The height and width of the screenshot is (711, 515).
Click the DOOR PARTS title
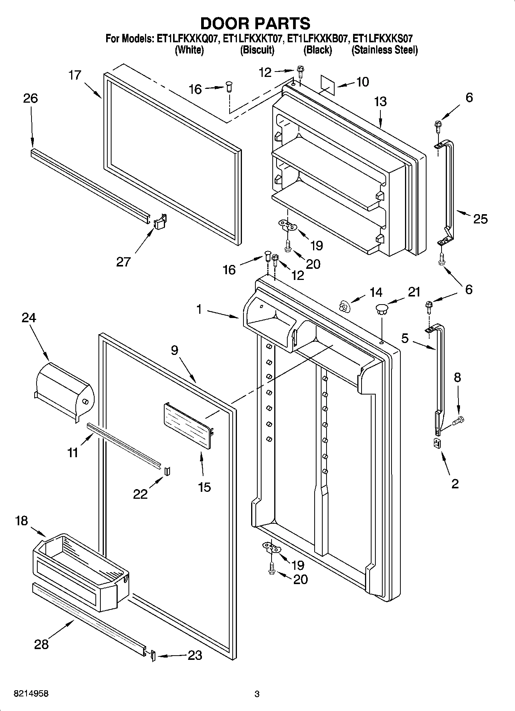pyautogui.click(x=255, y=23)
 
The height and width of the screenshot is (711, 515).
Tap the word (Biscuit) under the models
pyautogui.click(x=257, y=50)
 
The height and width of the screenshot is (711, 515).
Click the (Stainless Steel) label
pyautogui.click(x=384, y=50)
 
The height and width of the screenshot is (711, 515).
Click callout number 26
pyautogui.click(x=30, y=98)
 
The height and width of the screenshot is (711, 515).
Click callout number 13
pyautogui.click(x=380, y=102)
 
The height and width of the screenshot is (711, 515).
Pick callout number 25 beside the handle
pyautogui.click(x=480, y=219)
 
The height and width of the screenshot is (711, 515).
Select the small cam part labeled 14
pyautogui.click(x=344, y=306)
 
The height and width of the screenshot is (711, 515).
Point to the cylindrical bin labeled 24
pyautogui.click(x=63, y=391)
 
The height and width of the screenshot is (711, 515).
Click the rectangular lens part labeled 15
pyautogui.click(x=188, y=425)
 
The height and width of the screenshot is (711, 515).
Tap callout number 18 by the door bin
pyautogui.click(x=21, y=521)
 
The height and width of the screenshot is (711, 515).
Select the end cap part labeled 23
pyautogui.click(x=153, y=655)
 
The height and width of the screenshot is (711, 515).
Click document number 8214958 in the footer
pyautogui.click(x=31, y=694)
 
